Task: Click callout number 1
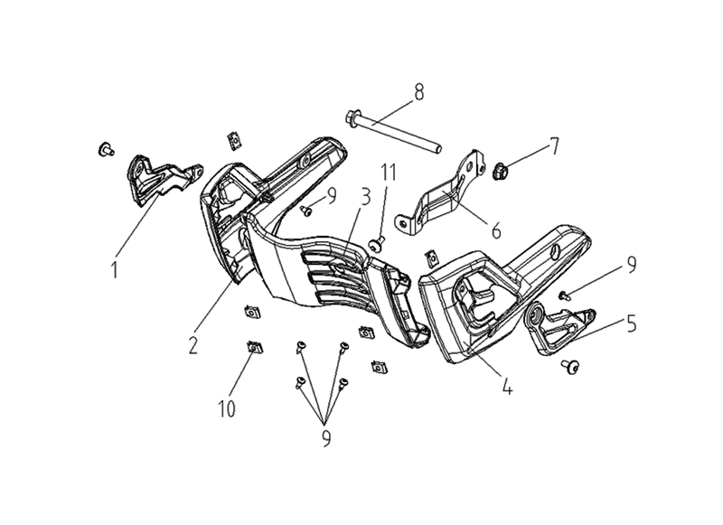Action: [115, 269]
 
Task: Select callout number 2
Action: [192, 345]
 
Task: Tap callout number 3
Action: [366, 197]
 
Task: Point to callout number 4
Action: [507, 386]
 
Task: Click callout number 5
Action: [631, 324]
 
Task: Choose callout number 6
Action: [496, 230]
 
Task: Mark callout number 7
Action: [554, 146]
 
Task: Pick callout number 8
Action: [418, 92]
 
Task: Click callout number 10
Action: [227, 408]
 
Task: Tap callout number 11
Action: [389, 173]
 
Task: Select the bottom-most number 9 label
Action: [326, 438]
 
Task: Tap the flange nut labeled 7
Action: [500, 172]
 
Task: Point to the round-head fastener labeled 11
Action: [377, 245]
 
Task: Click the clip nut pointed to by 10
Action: [254, 347]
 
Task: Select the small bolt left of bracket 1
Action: [106, 149]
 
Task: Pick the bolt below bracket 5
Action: [571, 367]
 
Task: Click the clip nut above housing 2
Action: [235, 140]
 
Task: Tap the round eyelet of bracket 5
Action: [535, 315]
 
